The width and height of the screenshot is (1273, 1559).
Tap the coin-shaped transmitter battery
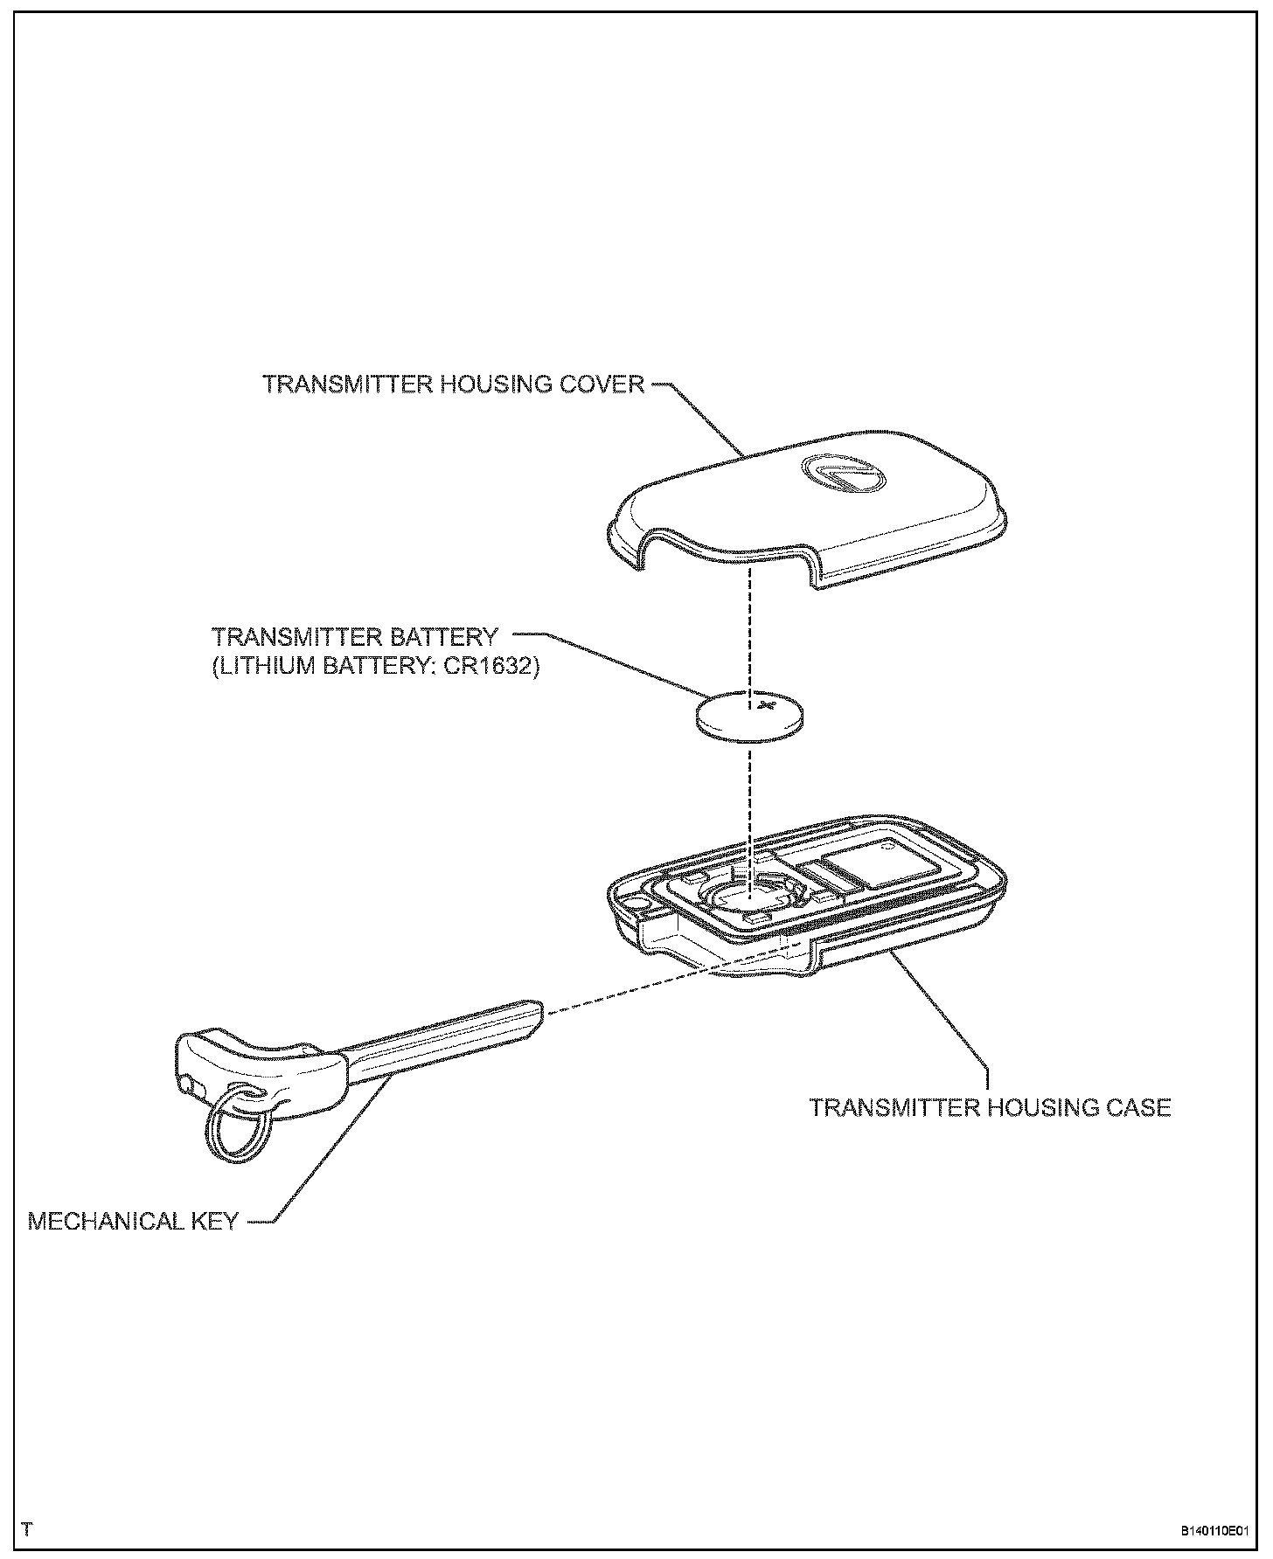(750, 717)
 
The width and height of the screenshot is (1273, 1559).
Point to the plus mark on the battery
(766, 703)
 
